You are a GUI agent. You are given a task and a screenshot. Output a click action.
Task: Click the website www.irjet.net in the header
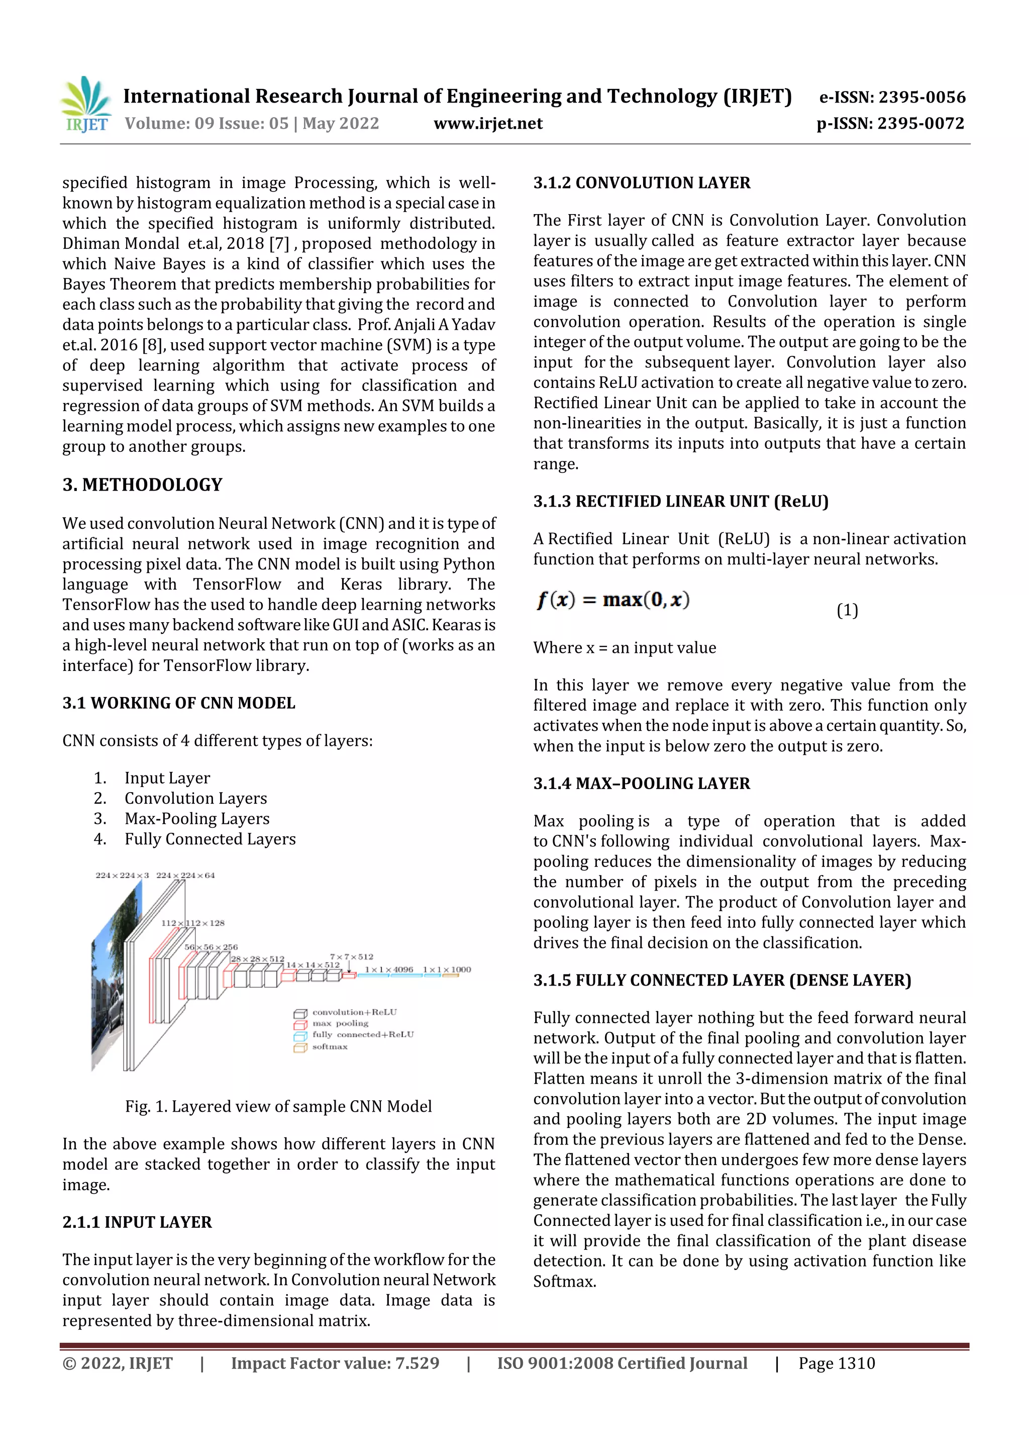point(487,124)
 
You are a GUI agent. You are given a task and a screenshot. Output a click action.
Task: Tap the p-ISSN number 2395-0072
point(890,124)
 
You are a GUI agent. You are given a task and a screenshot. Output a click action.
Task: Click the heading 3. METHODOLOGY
point(143,485)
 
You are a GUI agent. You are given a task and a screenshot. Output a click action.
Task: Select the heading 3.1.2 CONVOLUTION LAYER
point(642,183)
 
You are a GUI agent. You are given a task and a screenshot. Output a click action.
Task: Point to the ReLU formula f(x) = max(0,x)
point(613,600)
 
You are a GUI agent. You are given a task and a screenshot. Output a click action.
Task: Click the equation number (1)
point(847,610)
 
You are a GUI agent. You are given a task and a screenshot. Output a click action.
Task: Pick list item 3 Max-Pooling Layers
point(196,819)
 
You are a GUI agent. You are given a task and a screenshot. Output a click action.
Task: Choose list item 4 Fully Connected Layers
point(210,839)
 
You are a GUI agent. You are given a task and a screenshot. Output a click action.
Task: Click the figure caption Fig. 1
point(278,1107)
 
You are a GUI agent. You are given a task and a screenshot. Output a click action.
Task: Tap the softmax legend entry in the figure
point(329,1047)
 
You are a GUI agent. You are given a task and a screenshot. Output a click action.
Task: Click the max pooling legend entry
point(339,1023)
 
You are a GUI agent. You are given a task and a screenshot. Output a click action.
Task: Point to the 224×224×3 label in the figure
point(122,876)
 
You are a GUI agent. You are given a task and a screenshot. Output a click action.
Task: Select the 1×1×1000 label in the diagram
point(447,969)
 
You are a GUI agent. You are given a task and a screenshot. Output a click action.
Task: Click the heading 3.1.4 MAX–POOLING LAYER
point(641,784)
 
